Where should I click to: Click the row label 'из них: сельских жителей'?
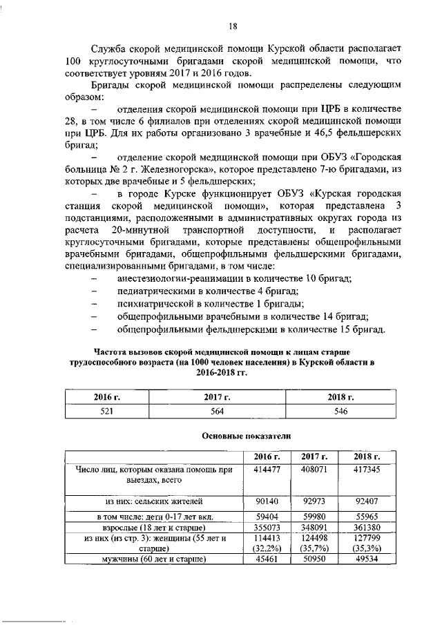[x=153, y=502]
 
